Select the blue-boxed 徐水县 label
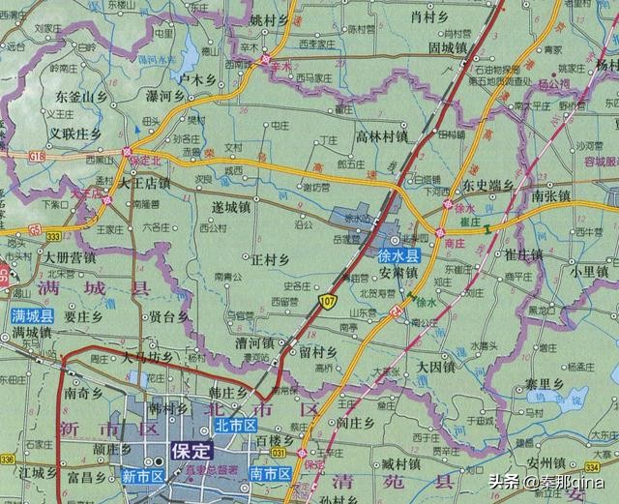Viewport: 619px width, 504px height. [x=398, y=256]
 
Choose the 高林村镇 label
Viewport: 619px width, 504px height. [x=382, y=136]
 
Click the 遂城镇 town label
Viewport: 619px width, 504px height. [x=232, y=206]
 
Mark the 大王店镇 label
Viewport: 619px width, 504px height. [x=144, y=181]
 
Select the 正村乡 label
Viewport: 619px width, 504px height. [x=270, y=259]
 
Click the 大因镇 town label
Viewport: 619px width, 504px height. [x=435, y=366]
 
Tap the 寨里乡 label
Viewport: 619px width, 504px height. [x=545, y=384]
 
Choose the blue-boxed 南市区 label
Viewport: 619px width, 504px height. [x=270, y=473]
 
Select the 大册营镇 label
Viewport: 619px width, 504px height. [x=69, y=257]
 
